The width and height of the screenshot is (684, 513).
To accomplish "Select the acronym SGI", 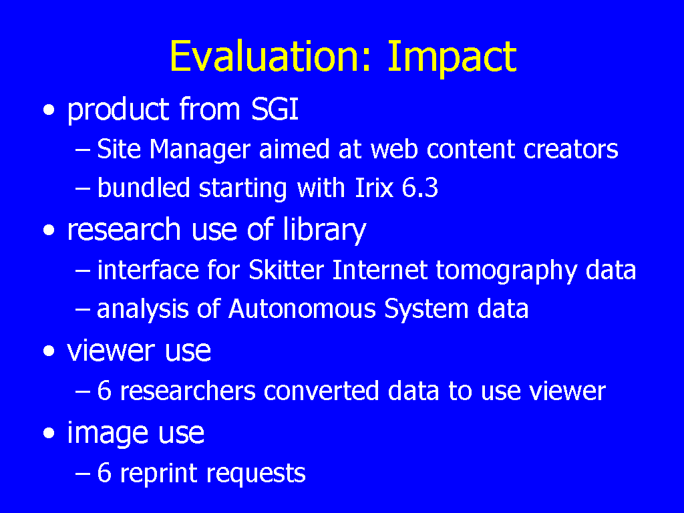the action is [x=275, y=109].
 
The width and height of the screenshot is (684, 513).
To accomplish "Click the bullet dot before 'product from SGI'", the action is [x=49, y=110].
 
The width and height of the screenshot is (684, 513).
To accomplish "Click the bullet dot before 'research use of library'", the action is [x=49, y=230].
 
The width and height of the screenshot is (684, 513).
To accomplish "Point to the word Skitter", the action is [x=286, y=270].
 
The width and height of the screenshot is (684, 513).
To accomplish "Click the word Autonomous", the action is [x=302, y=309].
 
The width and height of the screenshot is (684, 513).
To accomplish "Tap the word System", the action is [x=426, y=310].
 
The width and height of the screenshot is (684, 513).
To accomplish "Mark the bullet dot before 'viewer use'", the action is [x=49, y=351].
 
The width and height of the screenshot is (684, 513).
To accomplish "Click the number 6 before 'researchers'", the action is [x=104, y=390].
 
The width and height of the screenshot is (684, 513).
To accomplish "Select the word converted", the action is [x=321, y=390].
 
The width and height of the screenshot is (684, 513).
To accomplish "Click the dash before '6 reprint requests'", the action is [x=82, y=473].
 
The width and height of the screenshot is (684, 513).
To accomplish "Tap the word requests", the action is [x=256, y=474].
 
